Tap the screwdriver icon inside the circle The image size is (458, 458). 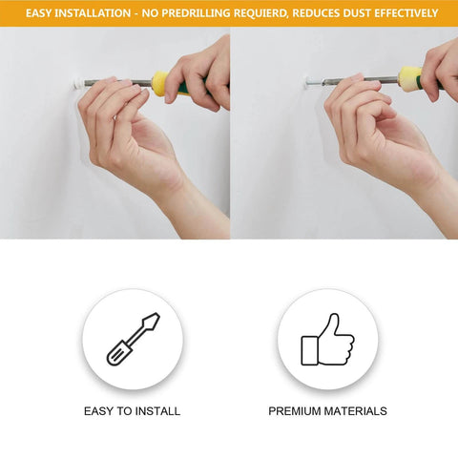pos(132,339)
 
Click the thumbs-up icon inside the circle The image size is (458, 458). pos(327,340)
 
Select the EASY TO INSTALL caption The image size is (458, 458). pos(132,411)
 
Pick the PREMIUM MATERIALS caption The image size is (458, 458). pos(327,411)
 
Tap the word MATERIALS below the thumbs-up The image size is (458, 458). pos(355,411)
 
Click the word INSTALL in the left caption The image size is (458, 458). pos(158,411)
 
